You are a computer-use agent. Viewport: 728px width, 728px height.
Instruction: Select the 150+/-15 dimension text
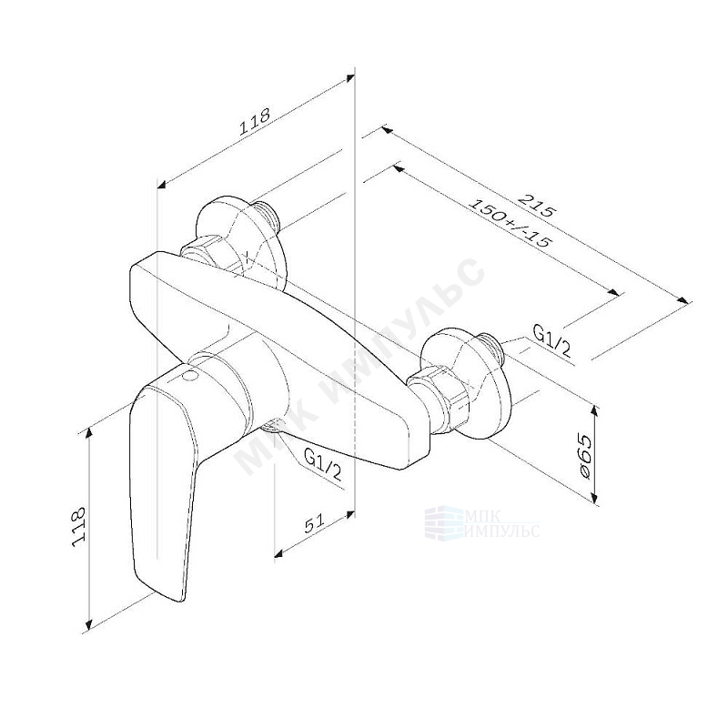coord(510,224)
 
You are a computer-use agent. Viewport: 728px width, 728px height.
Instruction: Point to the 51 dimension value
coord(315,524)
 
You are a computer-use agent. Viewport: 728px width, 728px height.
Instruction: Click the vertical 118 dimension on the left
coord(79,526)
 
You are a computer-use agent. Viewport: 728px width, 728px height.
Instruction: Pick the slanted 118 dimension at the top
coord(254,122)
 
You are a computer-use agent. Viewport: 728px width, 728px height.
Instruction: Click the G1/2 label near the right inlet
coord(551,339)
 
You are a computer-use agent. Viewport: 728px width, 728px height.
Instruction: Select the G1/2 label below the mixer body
coord(323,465)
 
